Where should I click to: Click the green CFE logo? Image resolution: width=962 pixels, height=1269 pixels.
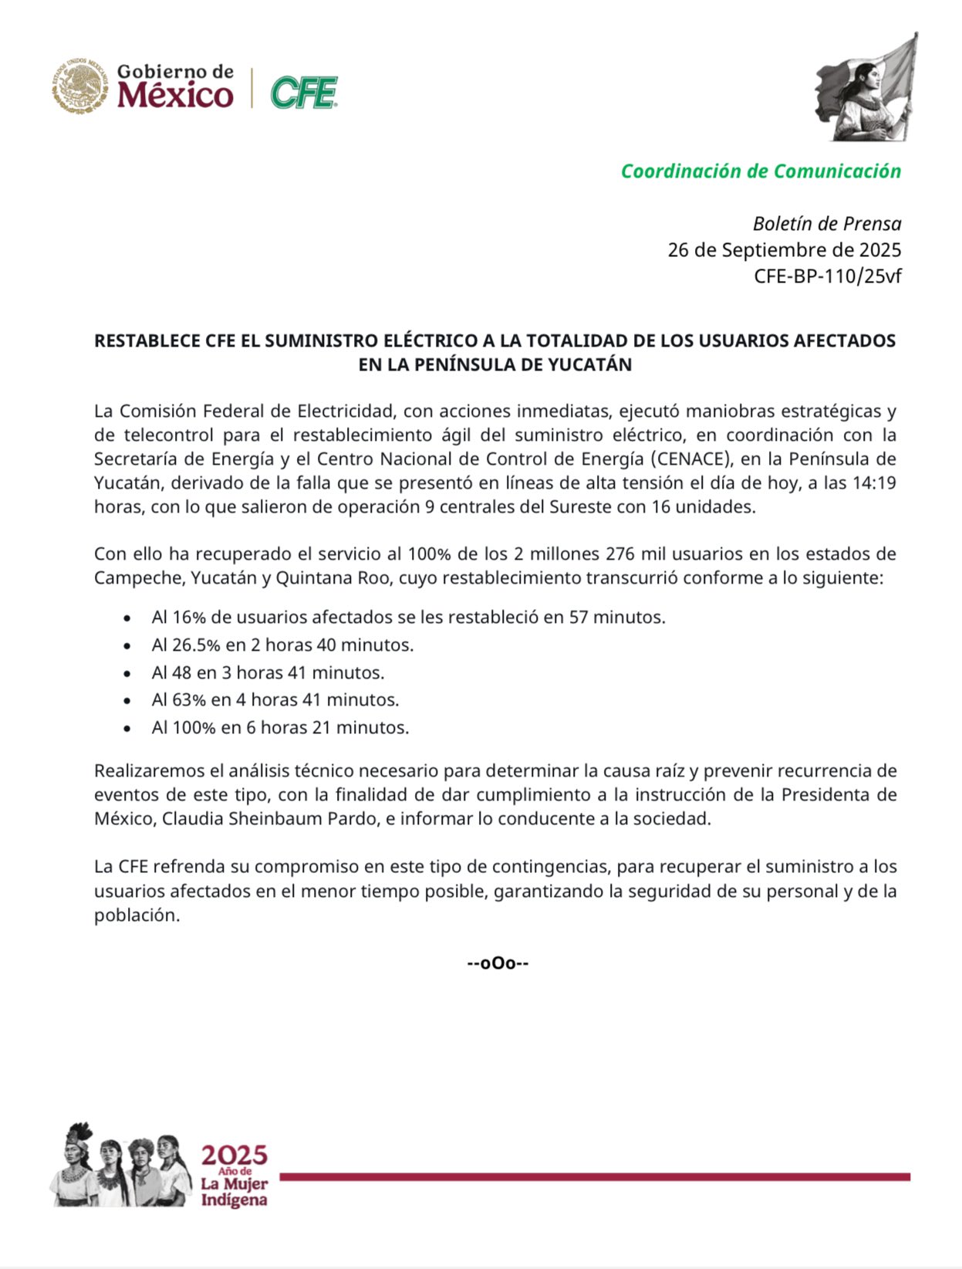tap(304, 93)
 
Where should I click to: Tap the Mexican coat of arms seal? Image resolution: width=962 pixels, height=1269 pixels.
tap(80, 86)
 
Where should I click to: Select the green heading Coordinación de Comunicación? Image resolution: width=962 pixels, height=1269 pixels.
tap(761, 171)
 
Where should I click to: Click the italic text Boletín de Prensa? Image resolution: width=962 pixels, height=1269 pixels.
tap(826, 224)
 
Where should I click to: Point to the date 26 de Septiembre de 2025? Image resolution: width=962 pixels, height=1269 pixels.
tap(784, 250)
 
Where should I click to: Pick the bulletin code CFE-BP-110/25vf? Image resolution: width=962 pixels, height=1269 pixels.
tap(827, 276)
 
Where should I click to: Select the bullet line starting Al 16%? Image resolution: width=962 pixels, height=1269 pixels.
tap(408, 618)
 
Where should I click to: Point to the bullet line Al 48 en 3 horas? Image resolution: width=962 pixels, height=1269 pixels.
tap(268, 672)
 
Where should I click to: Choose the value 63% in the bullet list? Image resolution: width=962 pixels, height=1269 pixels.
tap(188, 700)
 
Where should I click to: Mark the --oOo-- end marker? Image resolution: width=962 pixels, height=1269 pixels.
tap(498, 963)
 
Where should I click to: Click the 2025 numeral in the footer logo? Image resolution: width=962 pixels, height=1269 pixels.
tap(234, 1156)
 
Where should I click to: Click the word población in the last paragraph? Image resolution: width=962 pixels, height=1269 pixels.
tap(137, 915)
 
